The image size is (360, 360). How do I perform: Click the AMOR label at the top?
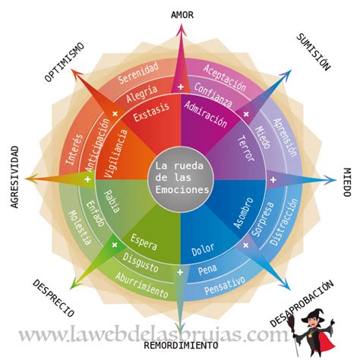point(182,15)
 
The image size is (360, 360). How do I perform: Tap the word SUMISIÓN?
point(314,52)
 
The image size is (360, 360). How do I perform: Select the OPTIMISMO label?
point(65,62)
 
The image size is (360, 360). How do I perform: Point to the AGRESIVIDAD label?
point(15,177)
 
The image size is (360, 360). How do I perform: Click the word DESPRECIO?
point(53,298)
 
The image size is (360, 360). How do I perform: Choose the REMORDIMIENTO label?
point(181,346)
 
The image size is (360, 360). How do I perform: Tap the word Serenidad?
point(138,73)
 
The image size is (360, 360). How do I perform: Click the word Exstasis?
point(151,112)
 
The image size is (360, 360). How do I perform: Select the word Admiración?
point(205,114)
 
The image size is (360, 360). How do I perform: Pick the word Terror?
point(246,148)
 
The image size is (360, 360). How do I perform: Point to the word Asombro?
point(243,213)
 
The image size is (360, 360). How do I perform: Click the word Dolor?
point(203,250)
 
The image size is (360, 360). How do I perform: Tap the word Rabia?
point(112,201)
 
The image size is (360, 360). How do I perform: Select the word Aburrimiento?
point(142,286)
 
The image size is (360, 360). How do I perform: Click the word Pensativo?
point(225,286)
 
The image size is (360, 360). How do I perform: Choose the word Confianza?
point(213,95)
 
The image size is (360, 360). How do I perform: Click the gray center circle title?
point(182,178)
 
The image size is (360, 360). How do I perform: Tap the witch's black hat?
point(313,314)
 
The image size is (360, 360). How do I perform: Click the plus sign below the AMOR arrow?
point(181,87)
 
